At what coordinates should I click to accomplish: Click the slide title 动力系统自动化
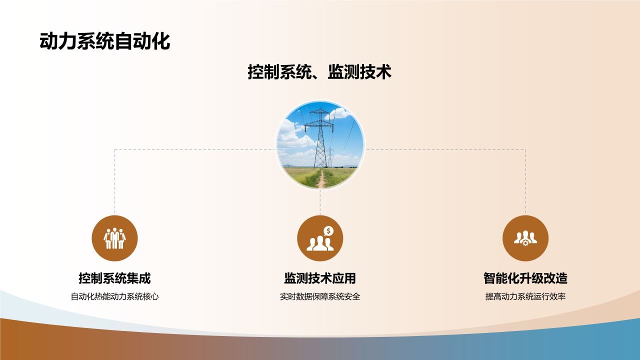click(x=105, y=42)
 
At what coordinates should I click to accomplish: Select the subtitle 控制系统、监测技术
click(x=319, y=72)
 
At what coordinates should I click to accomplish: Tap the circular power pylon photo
click(x=320, y=145)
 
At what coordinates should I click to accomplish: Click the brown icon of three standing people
click(x=114, y=238)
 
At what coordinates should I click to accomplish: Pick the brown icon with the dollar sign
click(x=320, y=238)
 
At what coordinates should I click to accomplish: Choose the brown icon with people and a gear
click(x=525, y=238)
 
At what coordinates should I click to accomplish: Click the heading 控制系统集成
click(x=114, y=278)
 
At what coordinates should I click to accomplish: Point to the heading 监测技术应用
click(x=320, y=278)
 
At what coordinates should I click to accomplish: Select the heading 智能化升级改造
click(x=525, y=278)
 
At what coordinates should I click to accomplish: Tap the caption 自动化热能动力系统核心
click(x=114, y=296)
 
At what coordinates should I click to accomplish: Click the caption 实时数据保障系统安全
click(x=320, y=296)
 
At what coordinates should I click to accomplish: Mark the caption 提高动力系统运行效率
click(x=525, y=296)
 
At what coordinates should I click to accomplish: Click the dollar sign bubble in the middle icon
click(x=328, y=230)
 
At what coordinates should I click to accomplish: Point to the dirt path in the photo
click(x=321, y=179)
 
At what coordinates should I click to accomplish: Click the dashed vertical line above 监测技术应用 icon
click(x=320, y=202)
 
